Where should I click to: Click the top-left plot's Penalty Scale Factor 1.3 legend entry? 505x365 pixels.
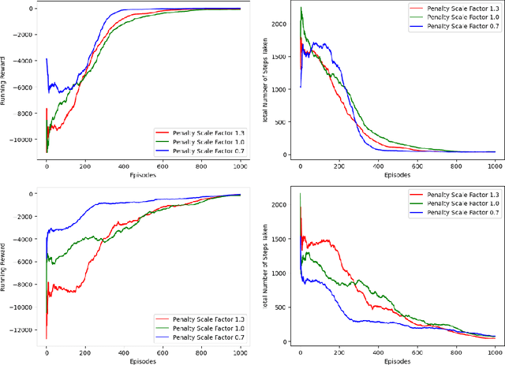click(x=197, y=132)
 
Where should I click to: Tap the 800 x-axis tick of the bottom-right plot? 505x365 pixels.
click(x=455, y=353)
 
